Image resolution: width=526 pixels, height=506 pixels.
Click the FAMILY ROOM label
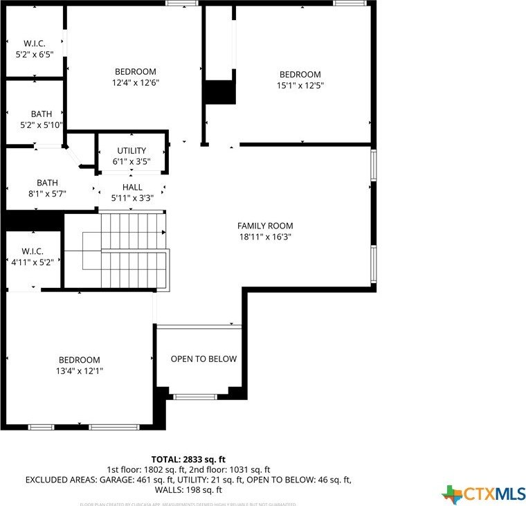pyautogui.click(x=265, y=226)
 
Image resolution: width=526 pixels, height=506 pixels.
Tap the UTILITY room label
pyautogui.click(x=131, y=151)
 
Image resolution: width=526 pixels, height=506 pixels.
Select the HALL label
pyautogui.click(x=132, y=187)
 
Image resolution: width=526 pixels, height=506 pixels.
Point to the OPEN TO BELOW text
pyautogui.click(x=203, y=359)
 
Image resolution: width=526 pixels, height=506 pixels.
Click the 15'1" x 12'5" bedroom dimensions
pyautogui.click(x=300, y=86)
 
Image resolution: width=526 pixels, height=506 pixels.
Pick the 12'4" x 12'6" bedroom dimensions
pyautogui.click(x=136, y=83)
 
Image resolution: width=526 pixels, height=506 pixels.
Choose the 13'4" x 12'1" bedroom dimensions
pyautogui.click(x=79, y=371)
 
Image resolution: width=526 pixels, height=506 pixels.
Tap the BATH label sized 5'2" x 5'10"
pyautogui.click(x=42, y=114)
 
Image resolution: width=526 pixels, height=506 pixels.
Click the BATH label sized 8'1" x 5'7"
pyautogui.click(x=48, y=183)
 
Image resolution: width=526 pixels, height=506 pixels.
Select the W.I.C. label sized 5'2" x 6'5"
pyautogui.click(x=34, y=43)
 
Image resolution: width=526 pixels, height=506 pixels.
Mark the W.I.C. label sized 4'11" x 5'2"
pyautogui.click(x=33, y=251)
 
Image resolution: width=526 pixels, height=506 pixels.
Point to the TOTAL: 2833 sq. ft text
pyautogui.click(x=188, y=459)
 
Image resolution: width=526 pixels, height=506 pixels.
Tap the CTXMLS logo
pyautogui.click(x=484, y=494)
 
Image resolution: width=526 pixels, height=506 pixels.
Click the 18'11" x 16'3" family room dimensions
pyautogui.click(x=265, y=237)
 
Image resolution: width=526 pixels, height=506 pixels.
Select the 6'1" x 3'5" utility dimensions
pyautogui.click(x=131, y=162)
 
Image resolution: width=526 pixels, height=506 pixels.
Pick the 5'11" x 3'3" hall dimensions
pyautogui.click(x=132, y=198)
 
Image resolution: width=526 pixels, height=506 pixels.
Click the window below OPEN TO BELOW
pyautogui.click(x=194, y=397)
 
